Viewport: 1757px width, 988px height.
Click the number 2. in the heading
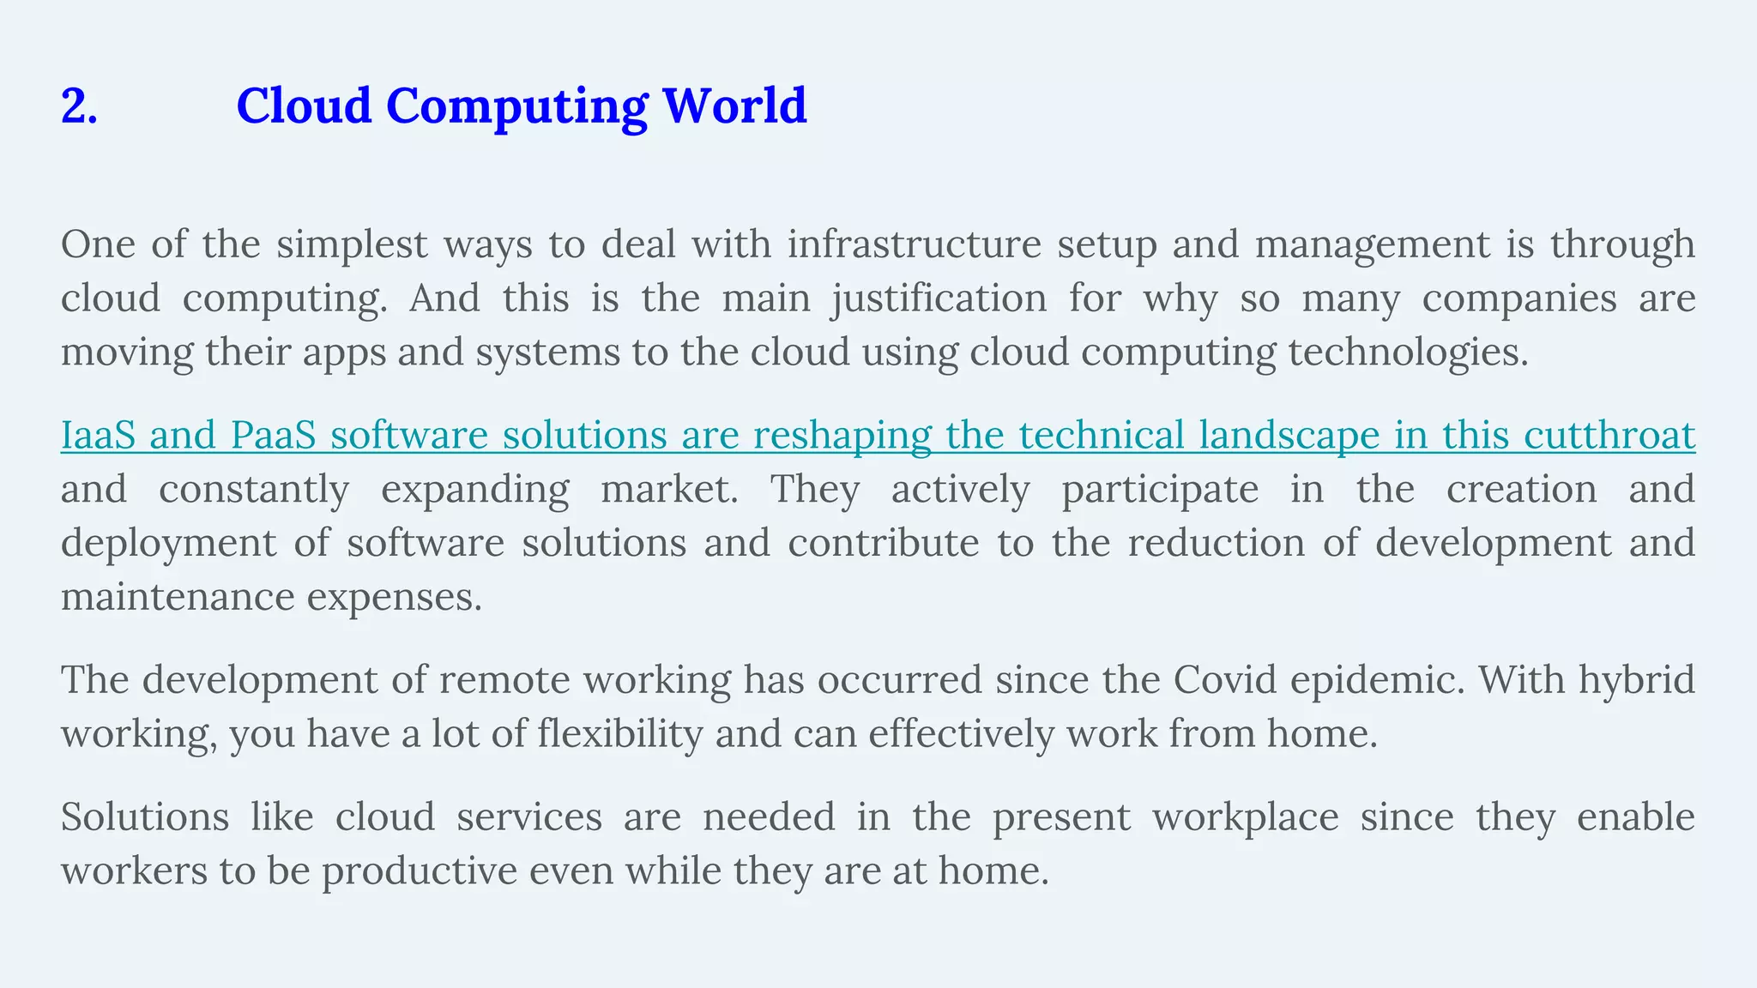79,106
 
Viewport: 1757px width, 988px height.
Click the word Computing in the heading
516,106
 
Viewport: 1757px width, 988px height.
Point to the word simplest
352,245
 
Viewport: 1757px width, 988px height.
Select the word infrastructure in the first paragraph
914,245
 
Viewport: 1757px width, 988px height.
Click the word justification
939,299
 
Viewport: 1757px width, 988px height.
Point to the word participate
1160,491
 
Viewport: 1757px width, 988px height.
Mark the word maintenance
177,598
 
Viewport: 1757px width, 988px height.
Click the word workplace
1245,817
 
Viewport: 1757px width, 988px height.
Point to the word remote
505,681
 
